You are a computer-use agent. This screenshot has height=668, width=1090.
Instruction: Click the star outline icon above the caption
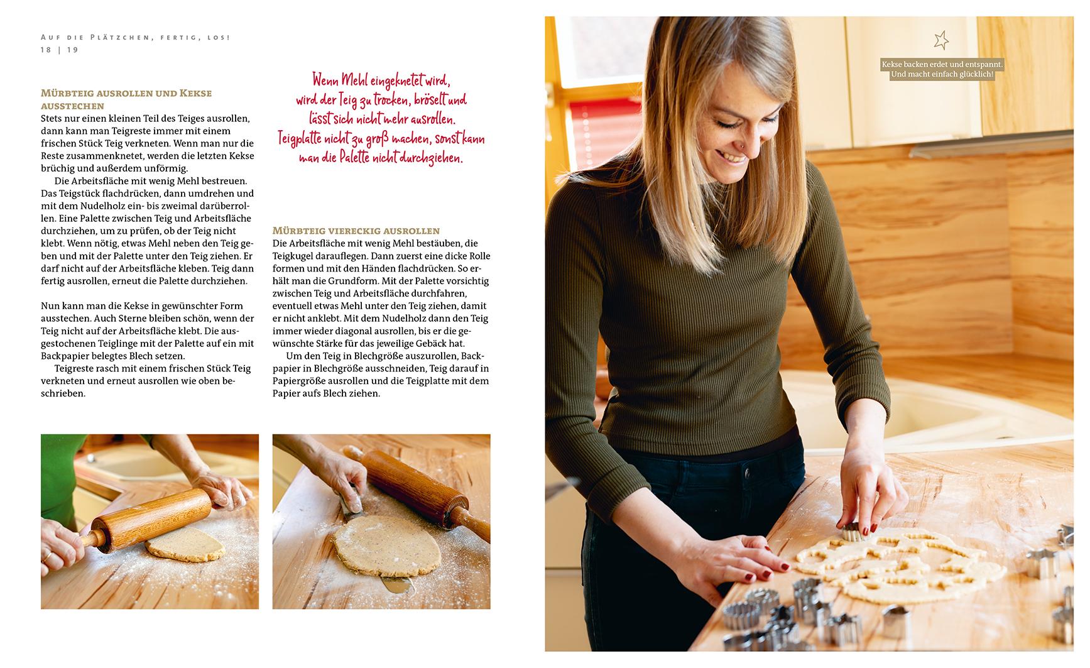click(940, 40)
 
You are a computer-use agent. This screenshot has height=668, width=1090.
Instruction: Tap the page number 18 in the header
click(46, 50)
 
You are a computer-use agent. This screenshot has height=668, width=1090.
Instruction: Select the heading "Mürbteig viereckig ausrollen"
click(356, 231)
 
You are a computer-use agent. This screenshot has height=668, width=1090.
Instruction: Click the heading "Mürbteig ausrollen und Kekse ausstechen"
click(126, 99)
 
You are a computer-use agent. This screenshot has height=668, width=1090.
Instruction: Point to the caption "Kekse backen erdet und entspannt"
click(942, 65)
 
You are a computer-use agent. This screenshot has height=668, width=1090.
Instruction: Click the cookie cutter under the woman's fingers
click(853, 532)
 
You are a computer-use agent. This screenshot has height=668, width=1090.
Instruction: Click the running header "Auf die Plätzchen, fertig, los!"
click(135, 38)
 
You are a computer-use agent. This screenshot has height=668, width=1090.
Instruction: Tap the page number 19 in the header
click(73, 50)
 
